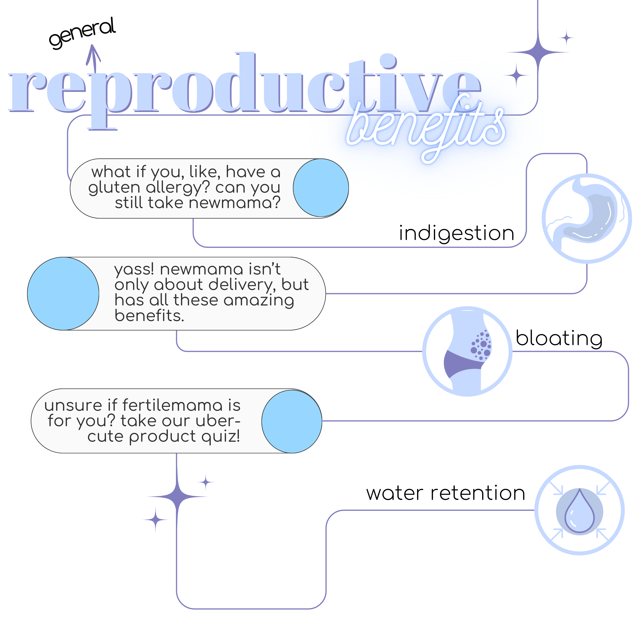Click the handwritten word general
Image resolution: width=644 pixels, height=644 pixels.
point(82,33)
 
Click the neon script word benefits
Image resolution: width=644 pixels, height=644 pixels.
point(426,128)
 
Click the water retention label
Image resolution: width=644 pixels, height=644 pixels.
point(446,493)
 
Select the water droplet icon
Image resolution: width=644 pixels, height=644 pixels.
point(580,510)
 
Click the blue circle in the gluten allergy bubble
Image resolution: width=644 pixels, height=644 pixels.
point(321,188)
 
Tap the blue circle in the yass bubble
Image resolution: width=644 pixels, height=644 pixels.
point(63,294)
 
